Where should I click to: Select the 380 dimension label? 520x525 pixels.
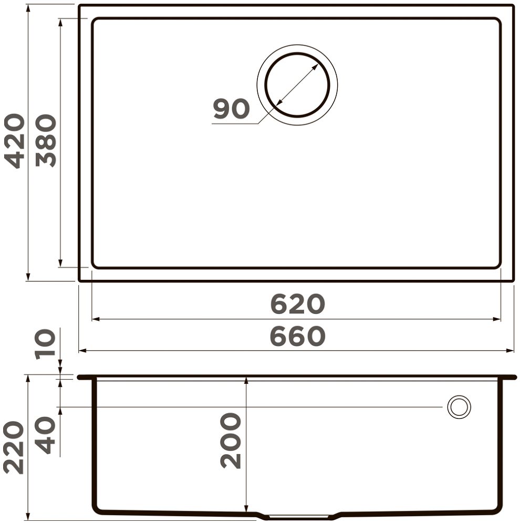(46, 141)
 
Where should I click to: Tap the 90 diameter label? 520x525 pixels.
(231, 109)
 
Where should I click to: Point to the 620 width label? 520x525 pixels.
(297, 304)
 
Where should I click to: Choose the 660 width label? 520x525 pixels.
(297, 337)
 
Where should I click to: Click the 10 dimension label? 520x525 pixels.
(45, 344)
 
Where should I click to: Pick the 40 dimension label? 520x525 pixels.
(45, 435)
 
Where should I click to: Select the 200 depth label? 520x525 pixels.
(231, 440)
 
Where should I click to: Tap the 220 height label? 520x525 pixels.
(14, 448)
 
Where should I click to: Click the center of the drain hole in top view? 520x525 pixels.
(297, 85)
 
